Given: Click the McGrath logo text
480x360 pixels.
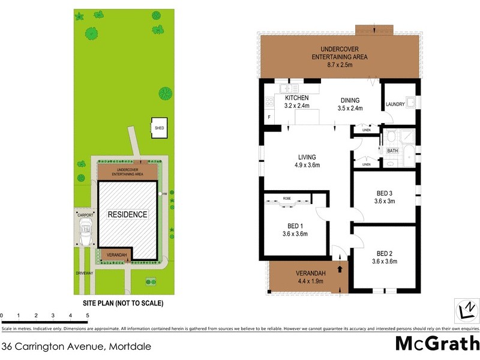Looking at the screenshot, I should coord(437,343).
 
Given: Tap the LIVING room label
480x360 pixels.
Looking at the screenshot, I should coord(307,157).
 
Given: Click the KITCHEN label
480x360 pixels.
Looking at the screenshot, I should coord(296,98).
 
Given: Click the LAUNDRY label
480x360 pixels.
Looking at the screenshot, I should coord(395,104).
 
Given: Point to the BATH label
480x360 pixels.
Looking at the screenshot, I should coord(393,151).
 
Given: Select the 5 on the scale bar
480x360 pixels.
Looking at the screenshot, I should coord(88,315).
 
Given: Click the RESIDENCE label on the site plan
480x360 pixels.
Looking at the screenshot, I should coord(127,214).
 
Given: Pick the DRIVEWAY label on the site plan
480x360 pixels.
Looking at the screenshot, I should coord(85,273).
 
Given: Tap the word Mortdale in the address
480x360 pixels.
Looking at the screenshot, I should coord(128,346).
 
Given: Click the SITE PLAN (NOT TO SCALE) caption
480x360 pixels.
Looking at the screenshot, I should coord(119,304).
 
